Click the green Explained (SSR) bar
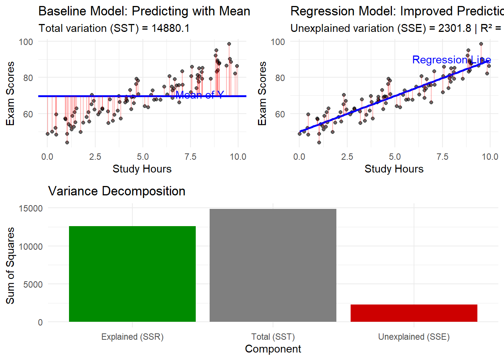[x=132, y=274]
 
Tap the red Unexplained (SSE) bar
[x=414, y=313]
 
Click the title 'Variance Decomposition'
[x=117, y=191]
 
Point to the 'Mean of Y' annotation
[x=199, y=95]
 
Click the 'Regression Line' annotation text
[x=451, y=60]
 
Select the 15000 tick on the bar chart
[x=31, y=208]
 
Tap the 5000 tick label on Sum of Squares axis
[x=33, y=284]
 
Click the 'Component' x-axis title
[x=273, y=349]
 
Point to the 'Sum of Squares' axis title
[x=10, y=265]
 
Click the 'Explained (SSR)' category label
[x=132, y=337]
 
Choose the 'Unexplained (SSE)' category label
[x=414, y=337]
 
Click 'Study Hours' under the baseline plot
[x=142, y=169]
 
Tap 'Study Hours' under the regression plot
[x=394, y=169]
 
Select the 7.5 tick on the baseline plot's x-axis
[x=190, y=157]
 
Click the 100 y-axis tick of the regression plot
[x=278, y=42]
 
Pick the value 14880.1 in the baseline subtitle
[x=171, y=28]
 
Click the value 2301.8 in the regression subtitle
[x=454, y=28]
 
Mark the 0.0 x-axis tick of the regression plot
[x=299, y=157]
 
